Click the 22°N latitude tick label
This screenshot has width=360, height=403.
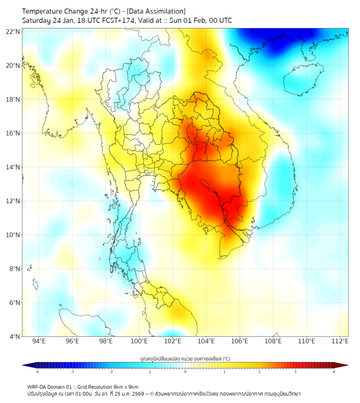[13, 31]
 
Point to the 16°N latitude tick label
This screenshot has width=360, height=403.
[13, 133]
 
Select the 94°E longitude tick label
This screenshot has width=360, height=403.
[39, 341]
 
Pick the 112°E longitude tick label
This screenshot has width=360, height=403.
[340, 341]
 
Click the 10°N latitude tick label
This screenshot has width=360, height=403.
[13, 235]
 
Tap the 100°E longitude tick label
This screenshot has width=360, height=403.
[139, 341]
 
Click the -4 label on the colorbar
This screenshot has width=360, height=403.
[37, 372]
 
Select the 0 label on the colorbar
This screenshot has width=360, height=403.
[185, 372]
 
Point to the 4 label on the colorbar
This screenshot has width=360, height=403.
[334, 372]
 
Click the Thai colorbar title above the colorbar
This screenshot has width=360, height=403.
[185, 359]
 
